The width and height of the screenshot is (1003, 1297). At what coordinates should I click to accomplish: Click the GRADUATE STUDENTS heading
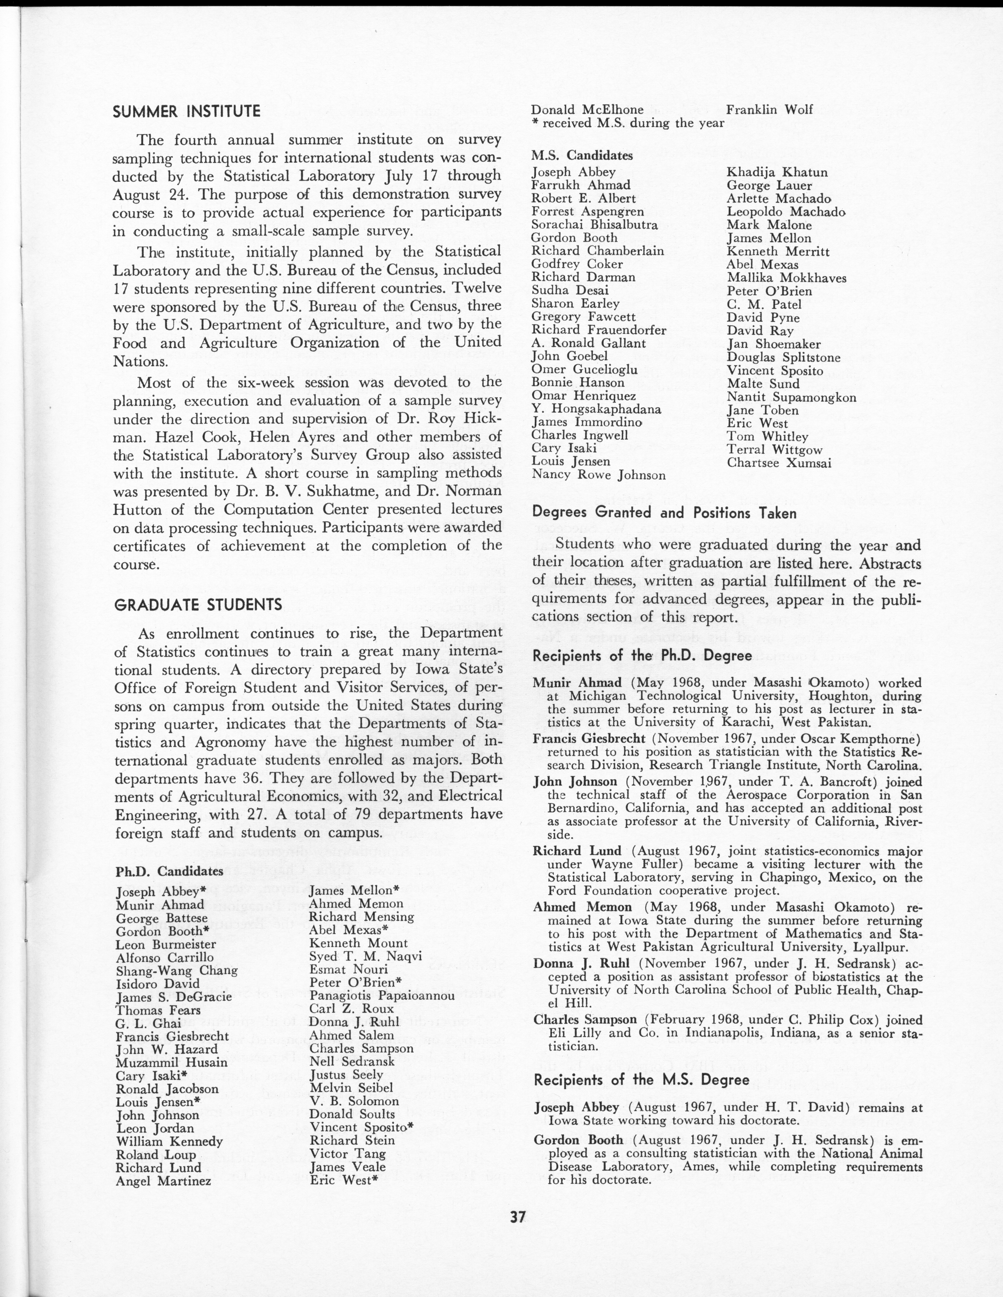tap(197, 605)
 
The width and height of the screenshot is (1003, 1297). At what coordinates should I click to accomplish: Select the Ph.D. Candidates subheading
tap(169, 871)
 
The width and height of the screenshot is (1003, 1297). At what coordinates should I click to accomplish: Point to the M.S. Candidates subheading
tap(582, 156)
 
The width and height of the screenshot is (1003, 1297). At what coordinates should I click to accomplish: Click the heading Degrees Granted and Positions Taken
tap(664, 513)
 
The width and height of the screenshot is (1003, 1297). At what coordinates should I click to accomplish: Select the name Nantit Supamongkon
tap(791, 397)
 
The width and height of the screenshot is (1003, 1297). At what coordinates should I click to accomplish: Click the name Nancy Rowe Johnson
tap(598, 475)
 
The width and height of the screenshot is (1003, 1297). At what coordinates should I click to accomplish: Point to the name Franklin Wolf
tap(770, 109)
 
